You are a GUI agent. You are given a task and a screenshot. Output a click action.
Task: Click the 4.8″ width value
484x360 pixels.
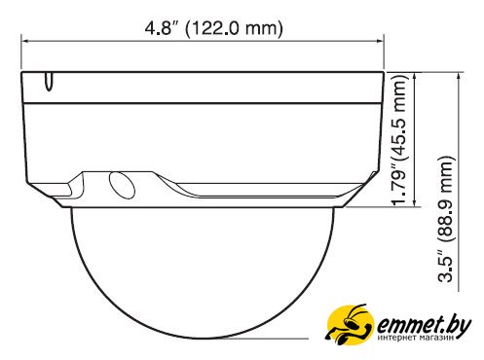click(x=162, y=28)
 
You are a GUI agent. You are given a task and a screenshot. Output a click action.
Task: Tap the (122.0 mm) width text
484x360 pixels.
click(x=234, y=28)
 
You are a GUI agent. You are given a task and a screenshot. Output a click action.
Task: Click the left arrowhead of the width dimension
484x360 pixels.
click(x=25, y=41)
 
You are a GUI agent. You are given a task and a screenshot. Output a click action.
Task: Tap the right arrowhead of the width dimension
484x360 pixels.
click(x=380, y=41)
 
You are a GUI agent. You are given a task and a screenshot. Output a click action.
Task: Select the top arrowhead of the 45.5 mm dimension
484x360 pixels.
click(x=415, y=76)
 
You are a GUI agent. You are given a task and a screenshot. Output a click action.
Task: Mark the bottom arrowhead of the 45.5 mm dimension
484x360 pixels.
click(x=415, y=202)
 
